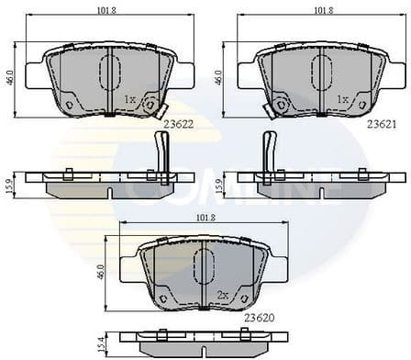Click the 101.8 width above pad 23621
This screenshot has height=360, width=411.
coord(323,11)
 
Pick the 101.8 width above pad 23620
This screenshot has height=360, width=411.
coord(205,218)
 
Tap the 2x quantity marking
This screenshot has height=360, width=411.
coord(221,296)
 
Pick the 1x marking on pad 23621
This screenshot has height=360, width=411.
coord(342,98)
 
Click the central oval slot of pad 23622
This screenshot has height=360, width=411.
coord(110,72)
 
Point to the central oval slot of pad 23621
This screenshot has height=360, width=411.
coord(322,72)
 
